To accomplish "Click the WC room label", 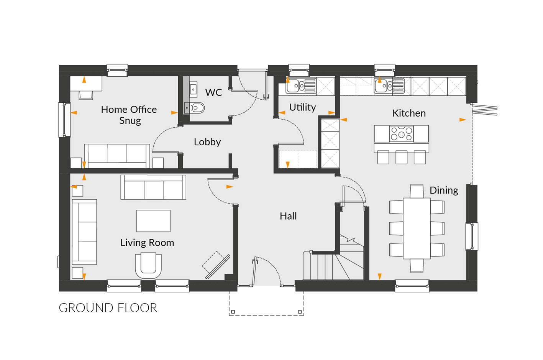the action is (x=213, y=92).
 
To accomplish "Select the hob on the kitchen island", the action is (x=402, y=134).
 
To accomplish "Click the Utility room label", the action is (x=302, y=107).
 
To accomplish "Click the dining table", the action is (x=417, y=228).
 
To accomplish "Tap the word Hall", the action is (x=288, y=216).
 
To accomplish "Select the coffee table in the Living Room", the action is (x=153, y=221).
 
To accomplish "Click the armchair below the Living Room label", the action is (x=148, y=265).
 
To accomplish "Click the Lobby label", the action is (x=207, y=142).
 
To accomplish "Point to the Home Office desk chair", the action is (x=86, y=95).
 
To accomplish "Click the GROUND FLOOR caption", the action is (x=108, y=308).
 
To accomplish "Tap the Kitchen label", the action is (x=409, y=113).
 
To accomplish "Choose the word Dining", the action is (x=444, y=191).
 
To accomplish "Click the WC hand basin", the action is (x=193, y=89).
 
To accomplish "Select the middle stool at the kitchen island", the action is (x=401, y=157).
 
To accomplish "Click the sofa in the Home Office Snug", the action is (x=117, y=156).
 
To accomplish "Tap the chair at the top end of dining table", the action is (x=417, y=191).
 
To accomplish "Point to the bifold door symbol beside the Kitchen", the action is (x=484, y=111).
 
